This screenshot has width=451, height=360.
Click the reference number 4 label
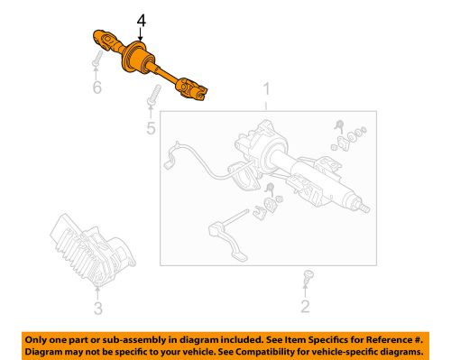coord(140,20)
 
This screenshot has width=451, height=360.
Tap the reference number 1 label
coord(266,89)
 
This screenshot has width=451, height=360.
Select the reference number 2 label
coord(304,307)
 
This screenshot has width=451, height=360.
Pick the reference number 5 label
coord(151,129)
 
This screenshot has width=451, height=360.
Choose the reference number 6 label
coord(97,88)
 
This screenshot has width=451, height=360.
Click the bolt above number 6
coord(95,60)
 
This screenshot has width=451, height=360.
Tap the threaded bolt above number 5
coord(154,94)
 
